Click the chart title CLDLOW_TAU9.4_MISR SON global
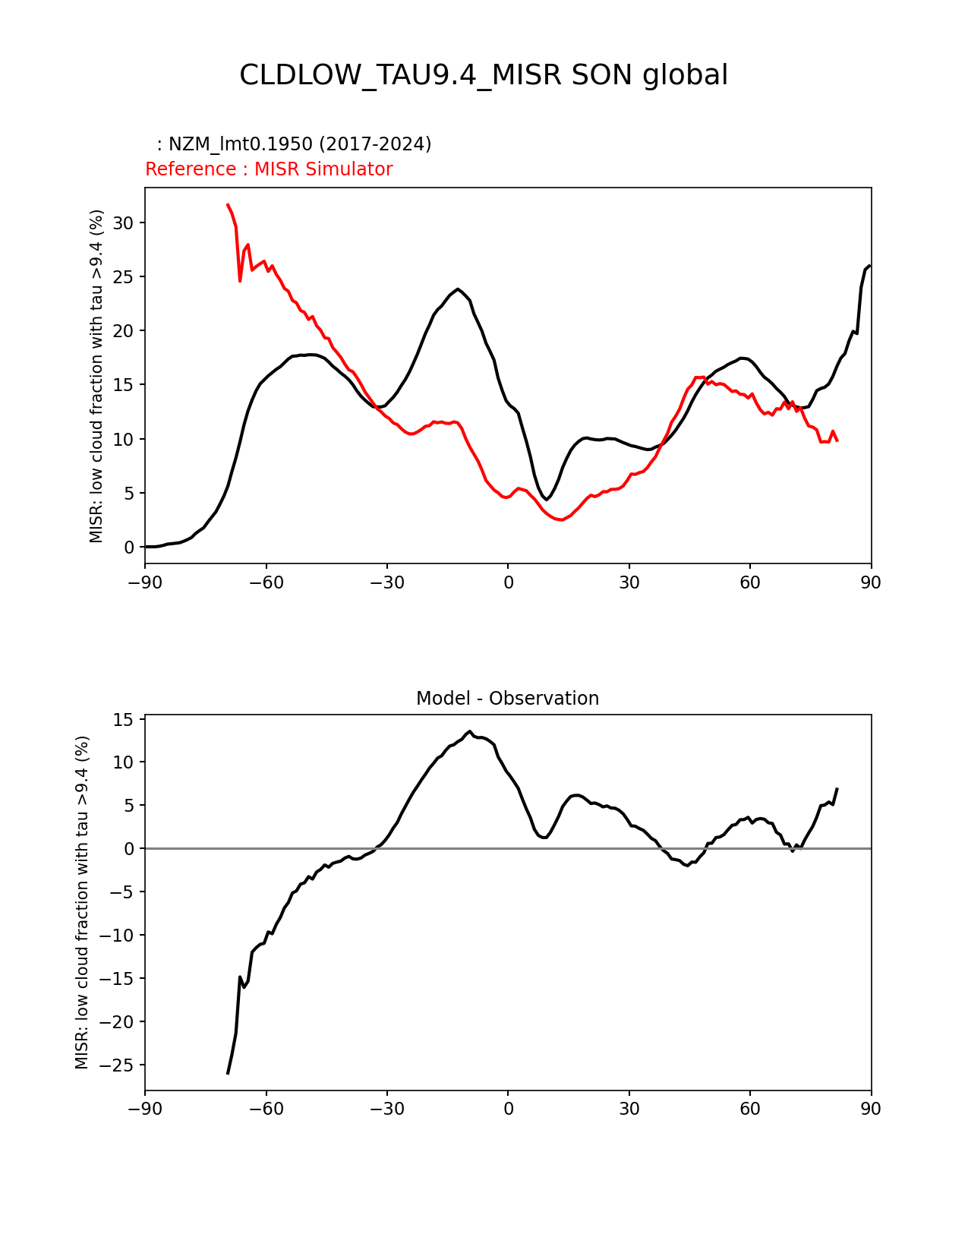484,75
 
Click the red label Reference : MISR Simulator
269,169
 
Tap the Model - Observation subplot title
507,699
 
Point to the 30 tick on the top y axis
124,223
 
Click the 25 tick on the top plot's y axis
124,277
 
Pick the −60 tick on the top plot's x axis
266,582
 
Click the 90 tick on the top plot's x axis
871,582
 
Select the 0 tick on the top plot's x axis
508,582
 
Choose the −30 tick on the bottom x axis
386,1109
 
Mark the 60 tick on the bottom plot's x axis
750,1109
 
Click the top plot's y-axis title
96,376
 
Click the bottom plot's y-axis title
82,902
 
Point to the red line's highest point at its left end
227,204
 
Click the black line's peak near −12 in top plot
458,289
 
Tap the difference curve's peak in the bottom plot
470,731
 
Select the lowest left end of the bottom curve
228,1073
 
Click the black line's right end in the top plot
869,266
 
